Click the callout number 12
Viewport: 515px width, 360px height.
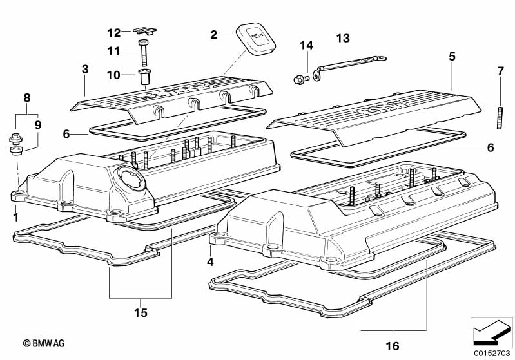coord(113,32)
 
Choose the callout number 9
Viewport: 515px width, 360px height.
coord(37,124)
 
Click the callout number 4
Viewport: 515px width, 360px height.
coord(209,261)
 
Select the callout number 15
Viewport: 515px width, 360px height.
coord(141,313)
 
